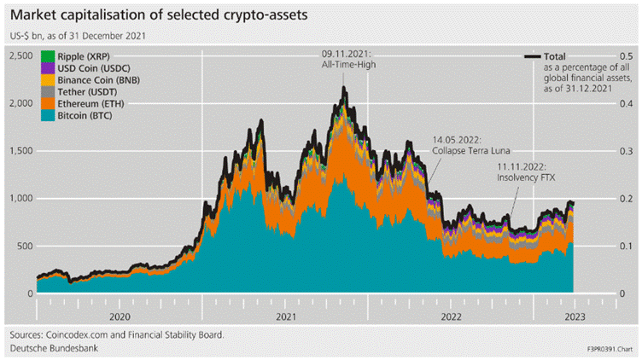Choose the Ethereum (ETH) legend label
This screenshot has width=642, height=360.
[91, 102]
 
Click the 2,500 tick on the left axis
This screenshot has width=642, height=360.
[21, 55]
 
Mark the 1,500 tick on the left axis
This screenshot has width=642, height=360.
[21, 151]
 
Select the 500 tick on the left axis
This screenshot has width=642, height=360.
[25, 246]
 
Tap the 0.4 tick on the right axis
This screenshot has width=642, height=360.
[627, 103]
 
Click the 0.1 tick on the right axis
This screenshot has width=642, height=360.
[627, 246]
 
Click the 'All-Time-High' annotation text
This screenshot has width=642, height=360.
[343, 65]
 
